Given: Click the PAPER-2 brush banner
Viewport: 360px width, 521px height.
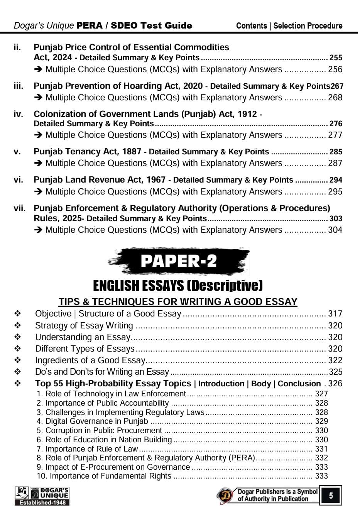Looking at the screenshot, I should point(178,261).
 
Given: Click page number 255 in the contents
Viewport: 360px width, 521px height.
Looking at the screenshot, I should point(336,58).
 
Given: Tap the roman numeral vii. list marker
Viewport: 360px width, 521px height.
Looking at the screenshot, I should point(20,208).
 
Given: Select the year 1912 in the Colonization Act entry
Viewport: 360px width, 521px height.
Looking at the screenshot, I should point(247,114).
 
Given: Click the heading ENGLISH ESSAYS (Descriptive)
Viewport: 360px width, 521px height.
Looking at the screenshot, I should point(178,286).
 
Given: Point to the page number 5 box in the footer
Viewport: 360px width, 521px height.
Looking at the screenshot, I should point(331,495).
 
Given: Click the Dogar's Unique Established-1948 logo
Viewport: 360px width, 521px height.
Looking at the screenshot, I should point(42,496).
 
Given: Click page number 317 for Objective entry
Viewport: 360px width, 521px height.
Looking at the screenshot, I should point(335,314).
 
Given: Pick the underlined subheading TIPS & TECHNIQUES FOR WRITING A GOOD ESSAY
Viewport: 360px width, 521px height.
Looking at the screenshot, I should point(178,302).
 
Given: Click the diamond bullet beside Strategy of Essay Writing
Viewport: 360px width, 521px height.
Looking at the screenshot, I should point(18,326).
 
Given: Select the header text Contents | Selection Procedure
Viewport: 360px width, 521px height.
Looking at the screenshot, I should point(289,26).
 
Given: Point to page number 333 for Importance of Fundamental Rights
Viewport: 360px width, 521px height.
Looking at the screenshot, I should point(321,476).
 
